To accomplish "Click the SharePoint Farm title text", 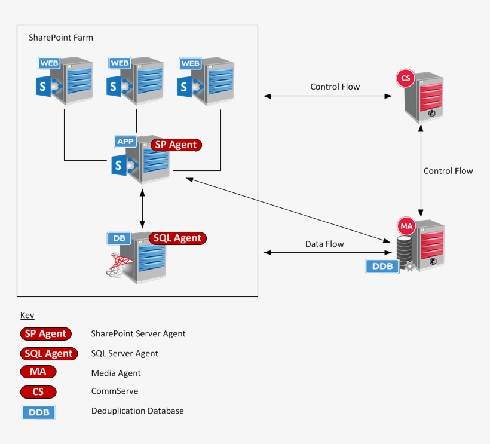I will click(61, 38).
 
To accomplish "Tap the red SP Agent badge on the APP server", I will click(176, 145).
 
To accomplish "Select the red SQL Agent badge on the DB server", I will click(177, 238).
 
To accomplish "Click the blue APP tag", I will click(125, 142).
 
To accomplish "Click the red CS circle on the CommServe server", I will click(406, 78).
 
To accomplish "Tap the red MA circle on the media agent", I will click(406, 226).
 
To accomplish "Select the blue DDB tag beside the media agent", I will click(382, 266).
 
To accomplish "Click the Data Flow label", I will click(324, 244).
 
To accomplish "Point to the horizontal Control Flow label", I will click(335, 87).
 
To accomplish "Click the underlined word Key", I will click(27, 315).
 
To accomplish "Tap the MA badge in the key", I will click(38, 372).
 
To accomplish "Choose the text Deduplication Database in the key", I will click(137, 411).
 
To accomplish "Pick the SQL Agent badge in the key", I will click(49, 353).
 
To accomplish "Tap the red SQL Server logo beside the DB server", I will click(118, 264).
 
